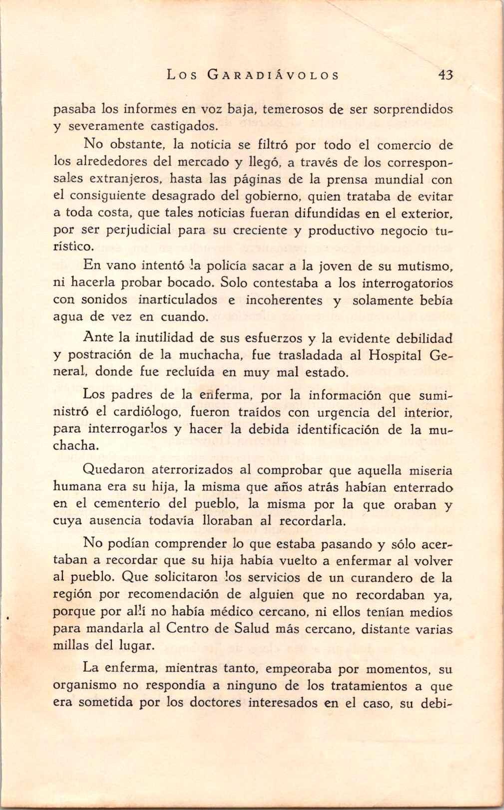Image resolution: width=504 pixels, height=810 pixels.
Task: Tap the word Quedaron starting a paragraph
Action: [x=114, y=470]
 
